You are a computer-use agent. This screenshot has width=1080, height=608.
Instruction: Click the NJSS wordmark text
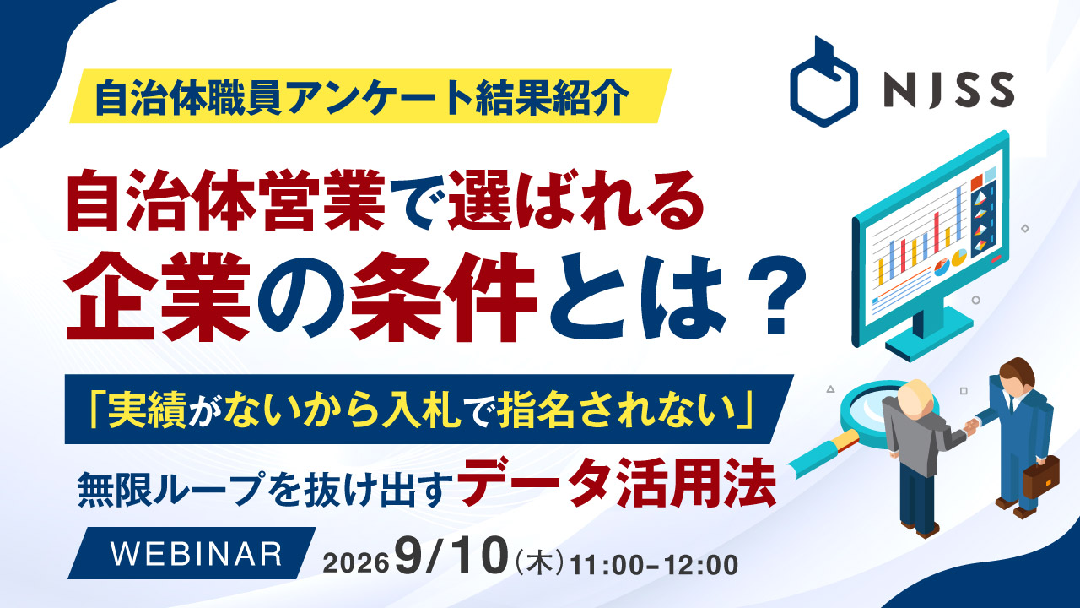(x=949, y=90)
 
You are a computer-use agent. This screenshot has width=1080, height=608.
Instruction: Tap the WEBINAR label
(x=197, y=553)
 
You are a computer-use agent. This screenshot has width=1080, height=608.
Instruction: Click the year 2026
(x=356, y=563)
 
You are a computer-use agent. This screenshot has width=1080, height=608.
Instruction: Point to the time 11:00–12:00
(x=654, y=565)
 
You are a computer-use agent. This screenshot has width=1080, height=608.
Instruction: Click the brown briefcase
(x=1041, y=477)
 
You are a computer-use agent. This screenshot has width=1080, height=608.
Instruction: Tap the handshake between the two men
(x=971, y=426)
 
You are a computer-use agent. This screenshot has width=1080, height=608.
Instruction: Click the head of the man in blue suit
(x=1018, y=377)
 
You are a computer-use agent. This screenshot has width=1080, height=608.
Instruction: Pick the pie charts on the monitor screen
(x=950, y=262)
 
